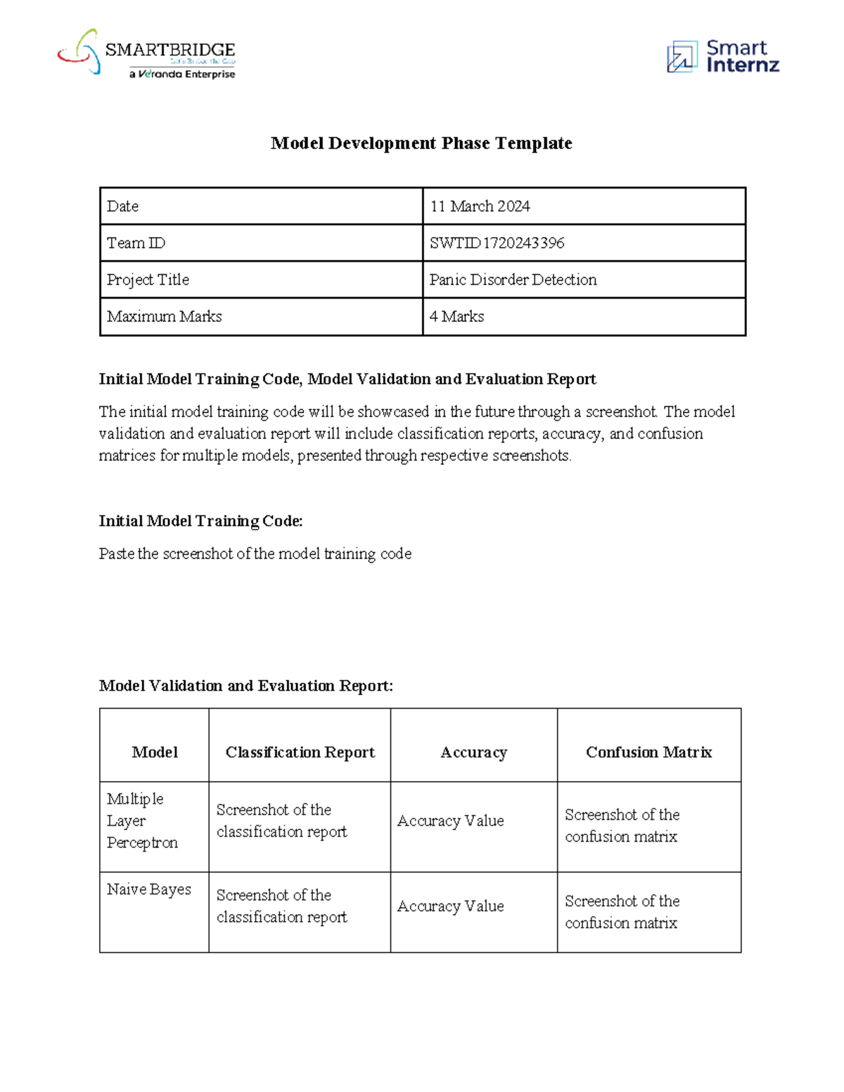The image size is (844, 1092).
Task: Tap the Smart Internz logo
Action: tap(722, 56)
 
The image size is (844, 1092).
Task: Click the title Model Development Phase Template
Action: tap(421, 143)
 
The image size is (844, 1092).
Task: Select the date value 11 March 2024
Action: tap(480, 206)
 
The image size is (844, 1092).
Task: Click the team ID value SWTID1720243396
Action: tap(497, 243)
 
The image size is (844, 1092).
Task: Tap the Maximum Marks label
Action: tap(165, 316)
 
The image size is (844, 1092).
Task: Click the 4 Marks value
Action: tap(457, 316)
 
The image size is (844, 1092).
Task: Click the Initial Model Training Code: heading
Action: tap(200, 521)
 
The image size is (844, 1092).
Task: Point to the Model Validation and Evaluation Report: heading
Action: tap(246, 686)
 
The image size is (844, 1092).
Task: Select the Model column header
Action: tap(155, 752)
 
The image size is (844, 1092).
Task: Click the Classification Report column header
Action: tap(300, 752)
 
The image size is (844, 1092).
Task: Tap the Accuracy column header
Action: tap(473, 752)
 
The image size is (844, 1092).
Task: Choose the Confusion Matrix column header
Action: tap(648, 752)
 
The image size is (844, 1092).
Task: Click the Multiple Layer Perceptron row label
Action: tap(142, 821)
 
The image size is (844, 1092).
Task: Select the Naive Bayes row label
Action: tap(149, 889)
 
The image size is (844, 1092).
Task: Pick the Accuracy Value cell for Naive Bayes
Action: tap(451, 906)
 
